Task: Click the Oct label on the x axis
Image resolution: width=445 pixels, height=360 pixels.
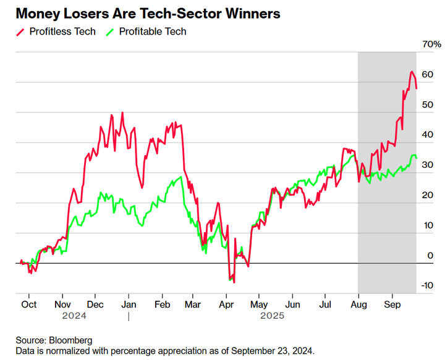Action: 28,304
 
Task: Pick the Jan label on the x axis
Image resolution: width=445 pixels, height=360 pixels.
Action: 129,304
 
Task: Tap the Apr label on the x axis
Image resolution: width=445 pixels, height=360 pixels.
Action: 226,304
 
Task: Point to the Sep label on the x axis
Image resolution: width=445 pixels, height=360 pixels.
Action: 391,304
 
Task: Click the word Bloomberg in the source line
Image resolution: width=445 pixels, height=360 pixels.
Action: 71,340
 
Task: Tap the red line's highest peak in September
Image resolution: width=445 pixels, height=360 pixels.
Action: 411,72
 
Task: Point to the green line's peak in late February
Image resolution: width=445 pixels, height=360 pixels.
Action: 180,177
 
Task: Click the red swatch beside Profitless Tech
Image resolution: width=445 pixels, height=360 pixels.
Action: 20,31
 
